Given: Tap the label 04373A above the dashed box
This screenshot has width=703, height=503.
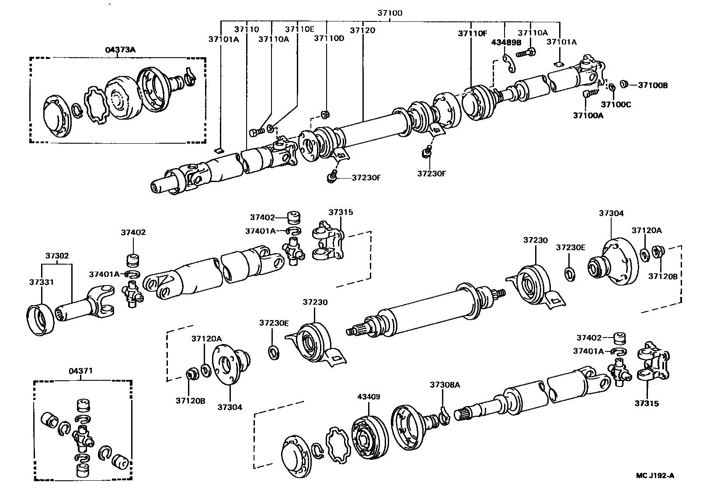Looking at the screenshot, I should pyautogui.click(x=120, y=50).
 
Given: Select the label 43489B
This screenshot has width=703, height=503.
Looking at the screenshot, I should pyautogui.click(x=506, y=42).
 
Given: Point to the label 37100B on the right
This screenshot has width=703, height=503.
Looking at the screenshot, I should pyautogui.click(x=653, y=85).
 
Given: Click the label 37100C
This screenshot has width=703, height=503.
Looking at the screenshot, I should pyautogui.click(x=616, y=104).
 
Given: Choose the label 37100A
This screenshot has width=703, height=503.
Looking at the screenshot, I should pyautogui.click(x=588, y=115).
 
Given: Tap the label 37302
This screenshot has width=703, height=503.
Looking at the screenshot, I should pyautogui.click(x=57, y=255).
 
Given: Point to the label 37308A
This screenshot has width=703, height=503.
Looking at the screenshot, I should pyautogui.click(x=445, y=385).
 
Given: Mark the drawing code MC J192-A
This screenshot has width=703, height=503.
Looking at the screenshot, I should pyautogui.click(x=655, y=476).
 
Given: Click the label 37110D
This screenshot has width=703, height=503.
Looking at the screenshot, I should pyautogui.click(x=329, y=38).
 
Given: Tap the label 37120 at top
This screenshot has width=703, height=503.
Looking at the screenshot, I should pyautogui.click(x=362, y=30).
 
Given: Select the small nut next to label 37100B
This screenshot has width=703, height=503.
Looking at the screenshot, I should pyautogui.click(x=624, y=84).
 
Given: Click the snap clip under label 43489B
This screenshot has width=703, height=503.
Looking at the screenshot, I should pyautogui.click(x=508, y=62).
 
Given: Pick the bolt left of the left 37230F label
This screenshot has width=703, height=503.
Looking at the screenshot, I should pyautogui.click(x=332, y=177).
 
